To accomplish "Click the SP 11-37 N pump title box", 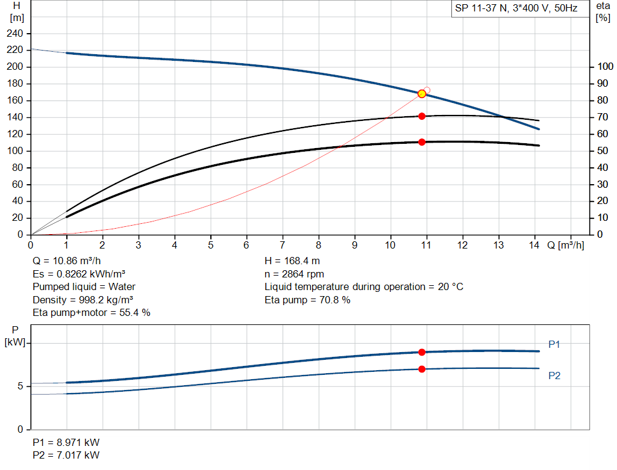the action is pyautogui.click(x=520, y=8).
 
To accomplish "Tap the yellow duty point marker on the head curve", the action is pyautogui.click(x=422, y=94).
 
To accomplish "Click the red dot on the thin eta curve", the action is pyautogui.click(x=422, y=116).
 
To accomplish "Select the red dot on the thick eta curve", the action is pyautogui.click(x=422, y=142).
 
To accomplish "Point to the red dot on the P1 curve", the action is pyautogui.click(x=422, y=352).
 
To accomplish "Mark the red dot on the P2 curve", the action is pyautogui.click(x=422, y=369).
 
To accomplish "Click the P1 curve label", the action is pyautogui.click(x=554, y=344).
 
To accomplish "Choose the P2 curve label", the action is pyautogui.click(x=554, y=376).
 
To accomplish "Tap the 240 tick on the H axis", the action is pyautogui.click(x=15, y=34).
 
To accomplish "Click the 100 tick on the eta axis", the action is pyautogui.click(x=605, y=66).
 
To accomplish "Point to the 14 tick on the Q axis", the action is pyautogui.click(x=534, y=245).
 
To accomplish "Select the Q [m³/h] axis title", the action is pyautogui.click(x=565, y=245).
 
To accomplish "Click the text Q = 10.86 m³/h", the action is pyautogui.click(x=67, y=261).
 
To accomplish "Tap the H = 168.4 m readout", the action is pyautogui.click(x=292, y=261).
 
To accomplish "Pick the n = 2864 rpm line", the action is pyautogui.click(x=294, y=274).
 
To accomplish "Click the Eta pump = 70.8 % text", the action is pyautogui.click(x=307, y=300).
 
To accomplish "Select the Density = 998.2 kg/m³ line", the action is pyautogui.click(x=83, y=300).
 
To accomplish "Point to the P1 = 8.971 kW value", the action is pyautogui.click(x=66, y=442).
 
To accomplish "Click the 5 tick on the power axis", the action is pyautogui.click(x=20, y=386).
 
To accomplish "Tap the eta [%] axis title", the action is pyautogui.click(x=603, y=12).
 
